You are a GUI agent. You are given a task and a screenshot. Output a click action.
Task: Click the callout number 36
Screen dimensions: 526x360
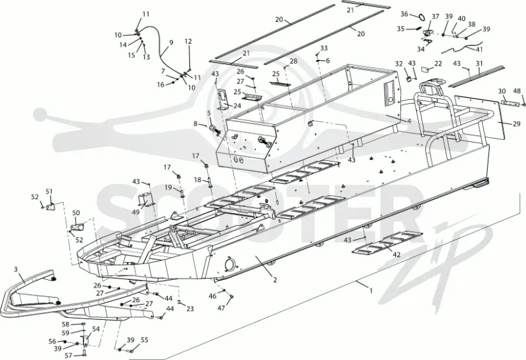pyautogui.click(x=404, y=14)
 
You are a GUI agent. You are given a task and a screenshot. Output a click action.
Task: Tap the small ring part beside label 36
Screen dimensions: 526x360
pyautogui.click(x=421, y=16)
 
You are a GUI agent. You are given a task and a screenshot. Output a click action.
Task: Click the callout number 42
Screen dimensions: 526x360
pyautogui.click(x=396, y=254)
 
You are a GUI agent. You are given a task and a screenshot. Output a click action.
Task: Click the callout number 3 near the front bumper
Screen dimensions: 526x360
pyautogui.click(x=16, y=269)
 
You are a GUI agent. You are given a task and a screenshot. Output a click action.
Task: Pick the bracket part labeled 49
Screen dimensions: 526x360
pyautogui.click(x=145, y=199)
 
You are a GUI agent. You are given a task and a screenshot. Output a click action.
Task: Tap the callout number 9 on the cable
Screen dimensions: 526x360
pyautogui.click(x=171, y=43)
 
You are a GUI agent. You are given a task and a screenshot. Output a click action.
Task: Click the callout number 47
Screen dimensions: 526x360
pyautogui.click(x=221, y=308)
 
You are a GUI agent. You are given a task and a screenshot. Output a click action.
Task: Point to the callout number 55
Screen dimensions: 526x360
pyautogui.click(x=144, y=340)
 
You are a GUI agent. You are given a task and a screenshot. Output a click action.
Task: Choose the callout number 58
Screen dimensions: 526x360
pyautogui.click(x=65, y=324)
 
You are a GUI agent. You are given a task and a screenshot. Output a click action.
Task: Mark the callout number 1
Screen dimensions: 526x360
pyautogui.click(x=371, y=290)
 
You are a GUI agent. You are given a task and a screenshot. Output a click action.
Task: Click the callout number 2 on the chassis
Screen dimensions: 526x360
pyautogui.click(x=275, y=280)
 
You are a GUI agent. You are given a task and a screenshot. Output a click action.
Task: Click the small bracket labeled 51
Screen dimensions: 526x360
pyautogui.click(x=51, y=206)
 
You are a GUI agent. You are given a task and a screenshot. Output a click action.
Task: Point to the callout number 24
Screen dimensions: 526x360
pyautogui.click(x=237, y=106)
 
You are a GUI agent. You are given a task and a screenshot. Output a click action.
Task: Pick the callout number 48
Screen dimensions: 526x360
pyautogui.click(x=517, y=91)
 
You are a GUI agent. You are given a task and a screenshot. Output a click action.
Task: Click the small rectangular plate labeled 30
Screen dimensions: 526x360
pyautogui.click(x=508, y=103)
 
